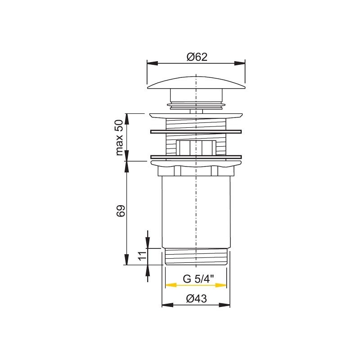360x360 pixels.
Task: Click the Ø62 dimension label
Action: click(197, 57)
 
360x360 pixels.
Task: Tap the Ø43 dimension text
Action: click(196, 299)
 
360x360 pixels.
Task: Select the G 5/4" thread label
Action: click(198, 279)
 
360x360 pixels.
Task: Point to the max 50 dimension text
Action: click(119, 138)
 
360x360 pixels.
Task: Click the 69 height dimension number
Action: click(121, 211)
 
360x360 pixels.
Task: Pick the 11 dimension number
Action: click(142, 255)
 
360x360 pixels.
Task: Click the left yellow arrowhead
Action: click(171, 285)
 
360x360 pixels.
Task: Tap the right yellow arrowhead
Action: click(221, 285)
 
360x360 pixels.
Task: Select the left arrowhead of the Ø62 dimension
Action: click(153, 63)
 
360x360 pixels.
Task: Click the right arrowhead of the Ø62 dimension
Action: click(239, 63)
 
